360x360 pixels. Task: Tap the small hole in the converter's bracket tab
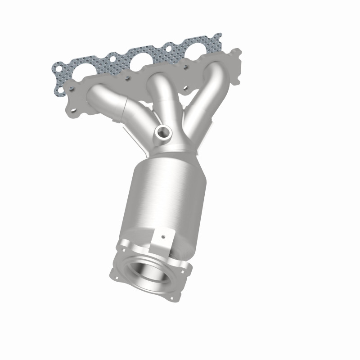(164, 235)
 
